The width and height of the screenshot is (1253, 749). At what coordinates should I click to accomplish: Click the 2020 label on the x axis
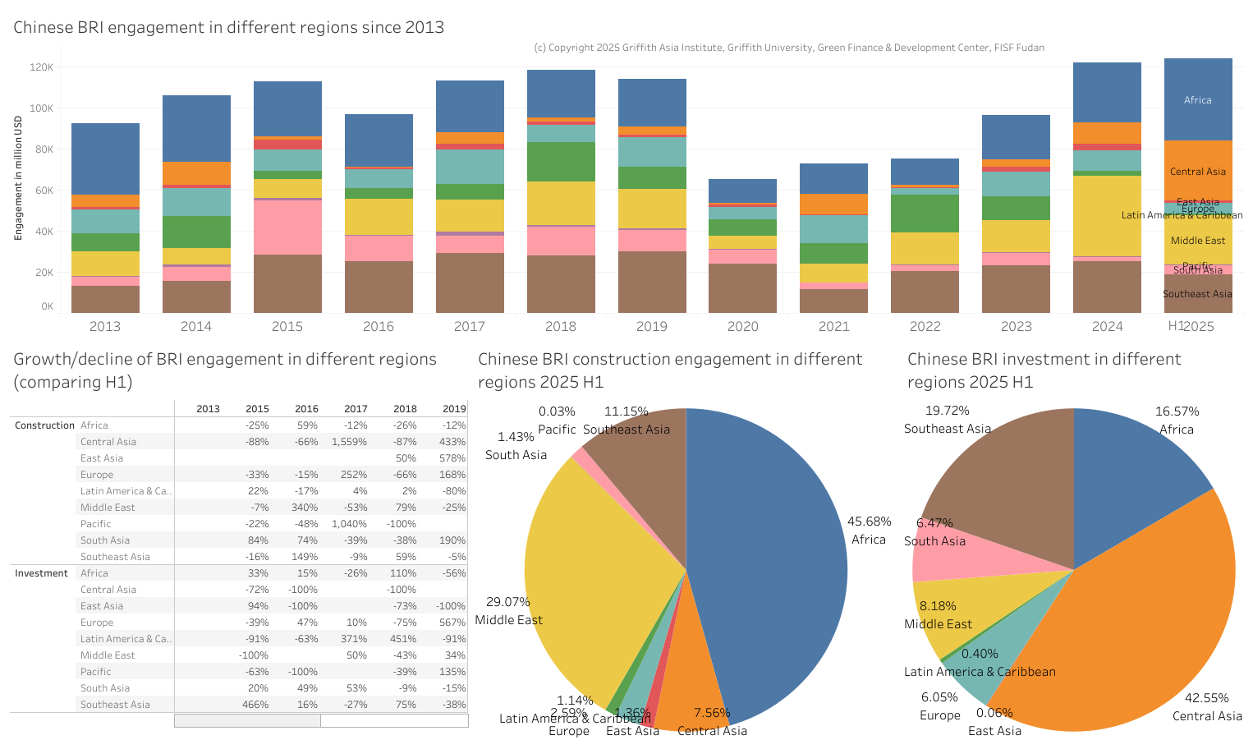click(742, 326)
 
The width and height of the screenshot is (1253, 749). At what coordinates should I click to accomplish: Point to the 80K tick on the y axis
click(41, 149)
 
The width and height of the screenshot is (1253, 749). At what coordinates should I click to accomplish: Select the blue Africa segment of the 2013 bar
click(105, 159)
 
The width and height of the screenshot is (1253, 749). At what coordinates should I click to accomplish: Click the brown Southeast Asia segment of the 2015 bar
click(287, 283)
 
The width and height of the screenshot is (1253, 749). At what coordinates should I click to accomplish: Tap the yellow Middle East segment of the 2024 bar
click(1107, 215)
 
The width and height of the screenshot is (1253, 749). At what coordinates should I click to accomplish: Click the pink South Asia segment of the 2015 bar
click(287, 227)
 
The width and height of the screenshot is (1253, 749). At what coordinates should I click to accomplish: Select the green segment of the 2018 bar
click(561, 162)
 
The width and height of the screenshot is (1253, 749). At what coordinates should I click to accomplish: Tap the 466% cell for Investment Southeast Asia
click(258, 705)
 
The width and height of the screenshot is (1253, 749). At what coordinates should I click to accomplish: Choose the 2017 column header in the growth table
click(356, 409)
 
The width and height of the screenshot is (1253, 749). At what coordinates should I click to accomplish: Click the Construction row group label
click(44, 425)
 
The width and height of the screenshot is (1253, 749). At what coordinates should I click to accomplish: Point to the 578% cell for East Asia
click(453, 458)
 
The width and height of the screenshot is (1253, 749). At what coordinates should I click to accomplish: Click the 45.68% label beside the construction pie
click(869, 522)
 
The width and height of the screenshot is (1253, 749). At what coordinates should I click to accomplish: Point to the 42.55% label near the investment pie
click(1206, 698)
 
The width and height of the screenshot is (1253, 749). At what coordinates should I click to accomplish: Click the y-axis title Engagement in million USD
click(18, 178)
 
